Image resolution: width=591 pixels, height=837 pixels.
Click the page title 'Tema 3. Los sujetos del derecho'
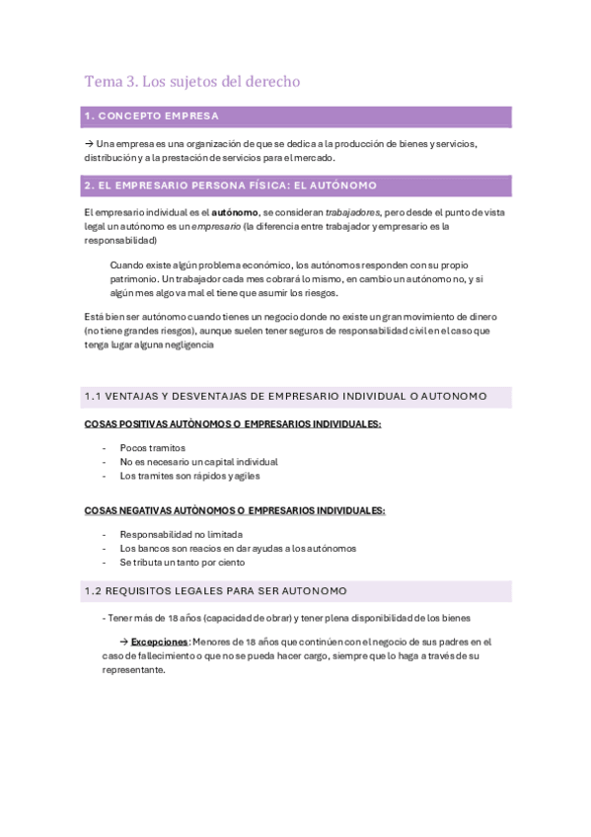pyautogui.click(x=191, y=81)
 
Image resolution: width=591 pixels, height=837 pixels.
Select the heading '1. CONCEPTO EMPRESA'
pyautogui.click(x=152, y=116)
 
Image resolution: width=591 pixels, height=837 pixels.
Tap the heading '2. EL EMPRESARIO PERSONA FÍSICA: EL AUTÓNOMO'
pyautogui.click(x=230, y=186)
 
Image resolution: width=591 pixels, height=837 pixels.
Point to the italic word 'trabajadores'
pyautogui.click(x=352, y=212)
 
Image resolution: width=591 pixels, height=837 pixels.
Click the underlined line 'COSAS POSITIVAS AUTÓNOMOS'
pyautogui.click(x=233, y=424)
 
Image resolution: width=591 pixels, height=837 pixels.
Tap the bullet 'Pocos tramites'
pyautogui.click(x=152, y=448)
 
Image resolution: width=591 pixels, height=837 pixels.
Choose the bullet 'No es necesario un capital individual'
pyautogui.click(x=198, y=462)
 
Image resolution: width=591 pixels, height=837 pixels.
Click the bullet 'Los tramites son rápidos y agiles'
pyautogui.click(x=189, y=476)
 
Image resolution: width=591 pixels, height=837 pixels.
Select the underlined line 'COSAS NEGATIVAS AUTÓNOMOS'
pyautogui.click(x=235, y=510)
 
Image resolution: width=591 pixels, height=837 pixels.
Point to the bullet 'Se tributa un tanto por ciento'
pyautogui.click(x=183, y=563)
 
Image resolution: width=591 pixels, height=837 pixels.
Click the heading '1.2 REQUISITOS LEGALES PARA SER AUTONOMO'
pyautogui.click(x=216, y=591)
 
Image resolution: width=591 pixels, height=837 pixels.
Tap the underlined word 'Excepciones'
pyautogui.click(x=161, y=642)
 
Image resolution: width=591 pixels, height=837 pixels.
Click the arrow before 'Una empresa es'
pyautogui.click(x=89, y=144)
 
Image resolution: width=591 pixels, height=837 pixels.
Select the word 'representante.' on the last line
pyautogui.click(x=134, y=669)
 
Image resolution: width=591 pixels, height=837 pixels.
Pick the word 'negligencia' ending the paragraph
pyautogui.click(x=185, y=345)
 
